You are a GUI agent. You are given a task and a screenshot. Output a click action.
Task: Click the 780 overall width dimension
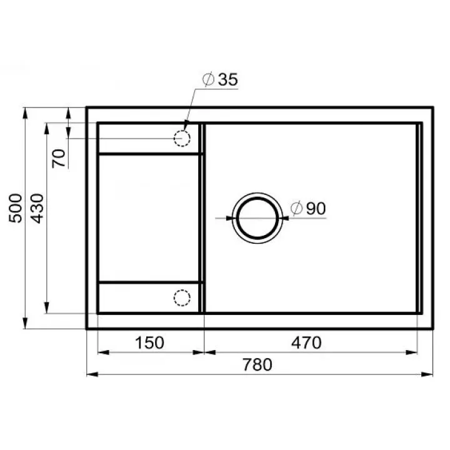(257, 364)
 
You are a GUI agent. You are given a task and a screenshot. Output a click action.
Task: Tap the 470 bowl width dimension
(306, 342)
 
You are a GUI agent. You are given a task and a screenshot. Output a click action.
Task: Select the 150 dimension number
(149, 342)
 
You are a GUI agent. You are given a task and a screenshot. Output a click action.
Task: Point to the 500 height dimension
(16, 208)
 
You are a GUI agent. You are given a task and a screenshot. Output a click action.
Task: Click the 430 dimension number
(37, 208)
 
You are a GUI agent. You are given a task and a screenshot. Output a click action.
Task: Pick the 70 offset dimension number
(59, 158)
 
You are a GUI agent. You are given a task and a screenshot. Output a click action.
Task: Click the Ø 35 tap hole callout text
(220, 79)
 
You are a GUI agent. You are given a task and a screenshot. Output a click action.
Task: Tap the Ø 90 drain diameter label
(308, 208)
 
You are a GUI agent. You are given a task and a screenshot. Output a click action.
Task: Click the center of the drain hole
(257, 218)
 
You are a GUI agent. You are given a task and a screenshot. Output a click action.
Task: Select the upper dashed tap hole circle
(182, 131)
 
